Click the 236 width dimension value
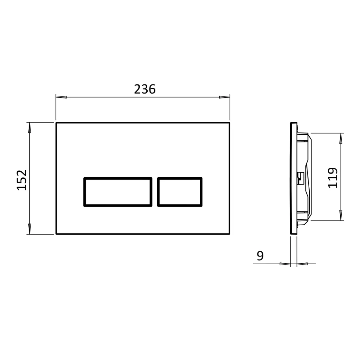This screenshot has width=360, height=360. [x=145, y=89]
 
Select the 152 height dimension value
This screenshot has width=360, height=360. [x=22, y=180]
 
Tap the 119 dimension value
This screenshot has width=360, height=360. [x=333, y=178]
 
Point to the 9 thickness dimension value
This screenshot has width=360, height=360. [x=260, y=256]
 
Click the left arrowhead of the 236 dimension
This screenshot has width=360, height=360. [x=61, y=97]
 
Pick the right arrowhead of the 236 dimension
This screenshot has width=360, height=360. [x=224, y=97]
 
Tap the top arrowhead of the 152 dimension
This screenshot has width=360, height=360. [x=29, y=128]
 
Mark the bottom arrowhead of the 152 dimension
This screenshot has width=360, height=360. [x=29, y=229]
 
